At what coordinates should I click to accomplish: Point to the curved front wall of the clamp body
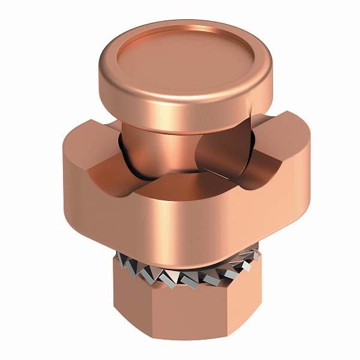180,222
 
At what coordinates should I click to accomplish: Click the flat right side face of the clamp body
294,180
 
